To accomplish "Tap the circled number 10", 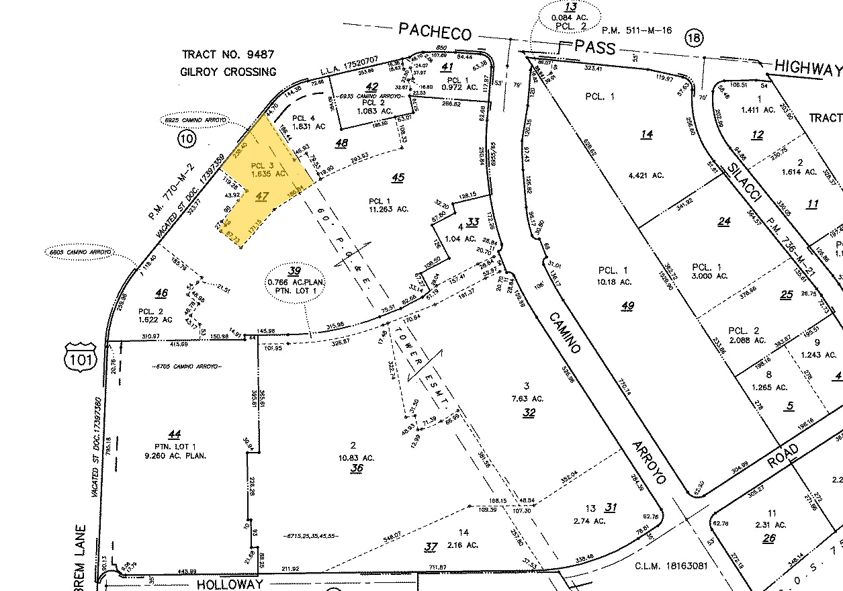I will pyautogui.click(x=186, y=139).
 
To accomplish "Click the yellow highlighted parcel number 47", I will pyautogui.click(x=263, y=196).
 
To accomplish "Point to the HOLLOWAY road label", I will pyautogui.click(x=229, y=584).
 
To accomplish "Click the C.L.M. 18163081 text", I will pyautogui.click(x=671, y=566).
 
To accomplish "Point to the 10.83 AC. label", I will pyautogui.click(x=356, y=457).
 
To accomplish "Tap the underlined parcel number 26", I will pyautogui.click(x=769, y=538).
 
